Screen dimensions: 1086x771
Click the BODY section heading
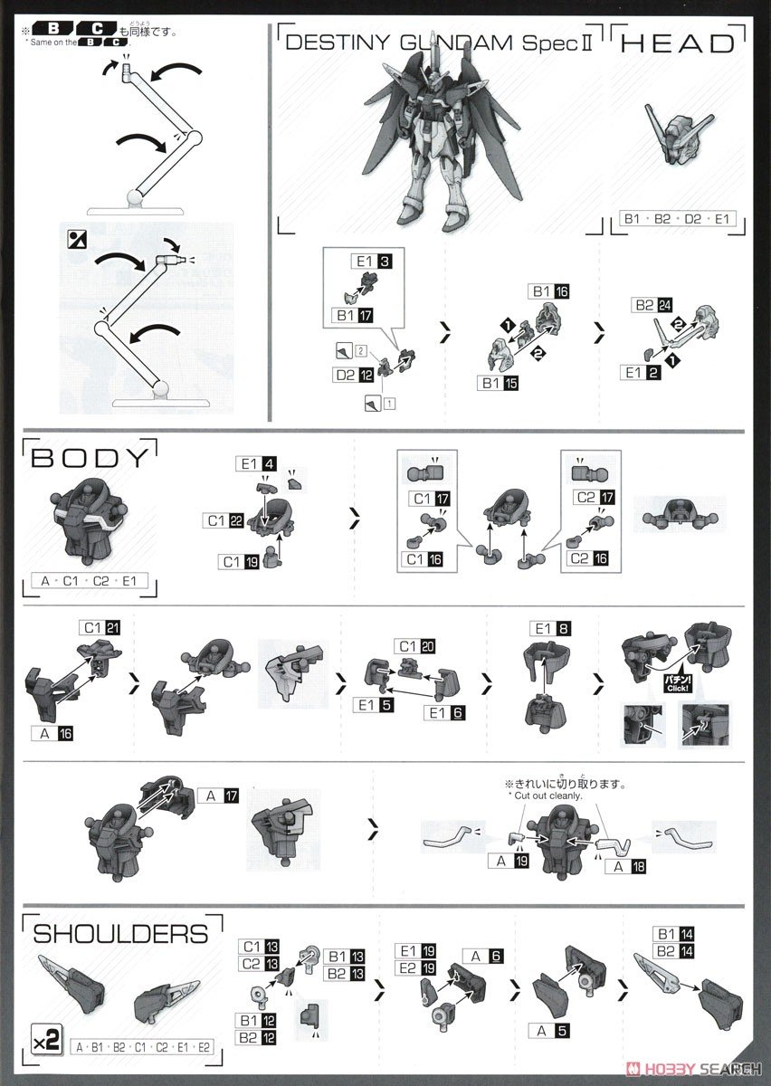click(x=89, y=457)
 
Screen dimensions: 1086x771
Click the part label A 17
click(x=216, y=796)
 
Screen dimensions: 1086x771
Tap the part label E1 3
click(x=373, y=262)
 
